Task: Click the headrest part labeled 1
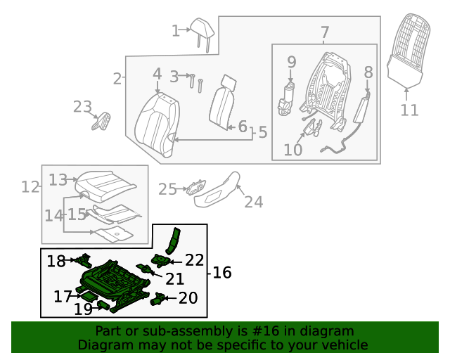click(x=202, y=32)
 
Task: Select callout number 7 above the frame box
click(x=325, y=32)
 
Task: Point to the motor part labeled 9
click(x=286, y=98)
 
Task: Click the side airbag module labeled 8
click(x=362, y=107)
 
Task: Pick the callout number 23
click(x=82, y=107)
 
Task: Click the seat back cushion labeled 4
click(x=157, y=125)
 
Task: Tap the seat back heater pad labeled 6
click(x=222, y=103)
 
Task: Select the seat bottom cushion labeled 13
click(x=105, y=186)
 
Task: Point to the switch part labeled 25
click(x=196, y=187)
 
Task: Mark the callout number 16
click(x=222, y=272)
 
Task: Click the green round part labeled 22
click(x=161, y=260)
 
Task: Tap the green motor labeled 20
click(x=157, y=299)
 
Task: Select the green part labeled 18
click(x=83, y=260)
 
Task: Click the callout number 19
click(x=83, y=309)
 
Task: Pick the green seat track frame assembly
click(x=114, y=285)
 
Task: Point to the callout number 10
click(x=292, y=150)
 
